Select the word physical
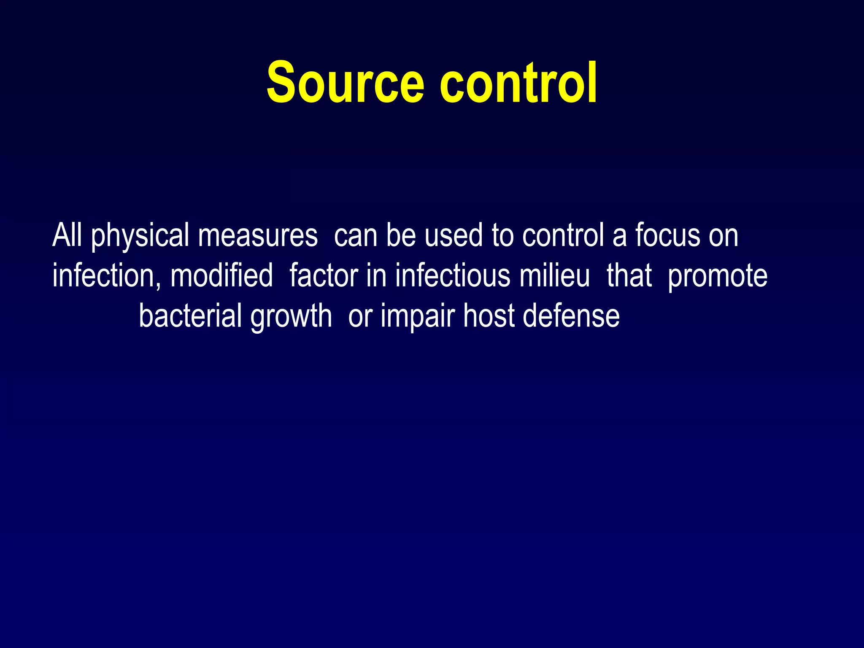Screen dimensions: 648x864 [x=140, y=236]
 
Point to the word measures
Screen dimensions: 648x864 [x=258, y=236]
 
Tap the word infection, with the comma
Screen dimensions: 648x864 [x=106, y=276]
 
